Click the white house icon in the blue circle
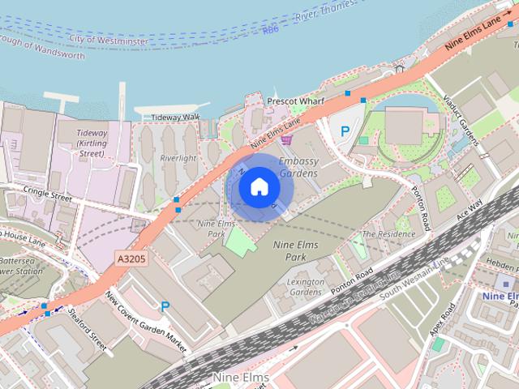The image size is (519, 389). point(258,187)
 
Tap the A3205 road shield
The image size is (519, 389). point(131,258)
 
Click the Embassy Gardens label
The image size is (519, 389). point(299,167)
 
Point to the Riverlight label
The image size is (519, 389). point(178,158)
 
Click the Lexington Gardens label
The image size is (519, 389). point(306,286)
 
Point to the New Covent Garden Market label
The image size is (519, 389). point(146,319)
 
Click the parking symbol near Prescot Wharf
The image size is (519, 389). point(345,130)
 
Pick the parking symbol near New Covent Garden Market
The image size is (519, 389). point(165,306)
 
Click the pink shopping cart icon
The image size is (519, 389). point(285,139)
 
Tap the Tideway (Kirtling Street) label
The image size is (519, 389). point(92,143)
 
